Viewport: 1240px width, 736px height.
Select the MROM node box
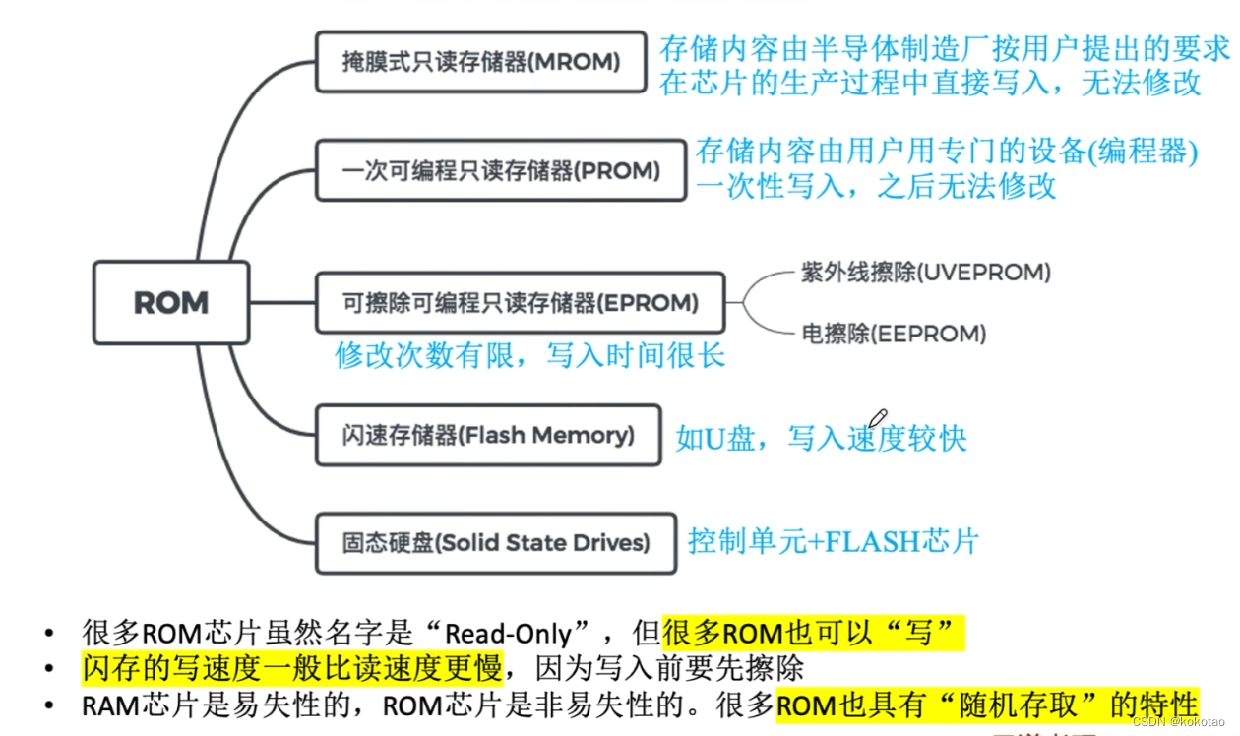click(481, 62)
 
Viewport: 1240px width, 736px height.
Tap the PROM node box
click(501, 170)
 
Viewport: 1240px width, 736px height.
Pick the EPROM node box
click(520, 302)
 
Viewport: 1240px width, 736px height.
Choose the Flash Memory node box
click(487, 435)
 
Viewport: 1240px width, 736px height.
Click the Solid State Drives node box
click(495, 542)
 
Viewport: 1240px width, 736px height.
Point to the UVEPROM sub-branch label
click(925, 273)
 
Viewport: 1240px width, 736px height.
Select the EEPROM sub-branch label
click(894, 334)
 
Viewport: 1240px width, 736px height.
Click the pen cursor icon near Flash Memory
click(878, 419)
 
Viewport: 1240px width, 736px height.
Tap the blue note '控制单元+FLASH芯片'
click(833, 541)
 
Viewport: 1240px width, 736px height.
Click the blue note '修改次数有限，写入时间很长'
click(530, 355)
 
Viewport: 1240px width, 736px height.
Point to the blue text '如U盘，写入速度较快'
click(821, 438)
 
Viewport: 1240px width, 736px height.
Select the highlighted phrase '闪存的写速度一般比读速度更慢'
click(290, 669)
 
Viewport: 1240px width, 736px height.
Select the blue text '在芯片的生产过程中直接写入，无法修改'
click(930, 82)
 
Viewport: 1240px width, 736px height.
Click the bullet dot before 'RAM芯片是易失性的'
click(48, 705)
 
